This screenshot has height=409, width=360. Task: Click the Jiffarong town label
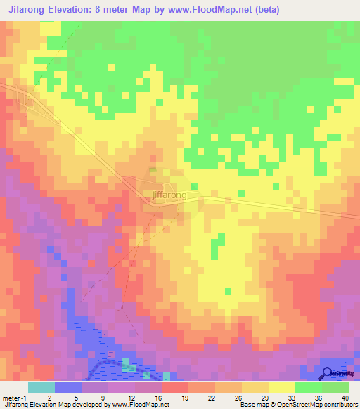[169, 195]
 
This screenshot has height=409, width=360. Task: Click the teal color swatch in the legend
[41, 387]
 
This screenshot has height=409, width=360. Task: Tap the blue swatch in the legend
[67, 387]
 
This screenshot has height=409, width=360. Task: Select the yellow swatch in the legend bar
[281, 387]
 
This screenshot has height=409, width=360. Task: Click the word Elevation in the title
[77, 9]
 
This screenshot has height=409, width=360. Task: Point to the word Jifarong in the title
[27, 9]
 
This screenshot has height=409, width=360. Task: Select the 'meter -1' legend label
[16, 398]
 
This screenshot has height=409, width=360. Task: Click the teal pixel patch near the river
[127, 365]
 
